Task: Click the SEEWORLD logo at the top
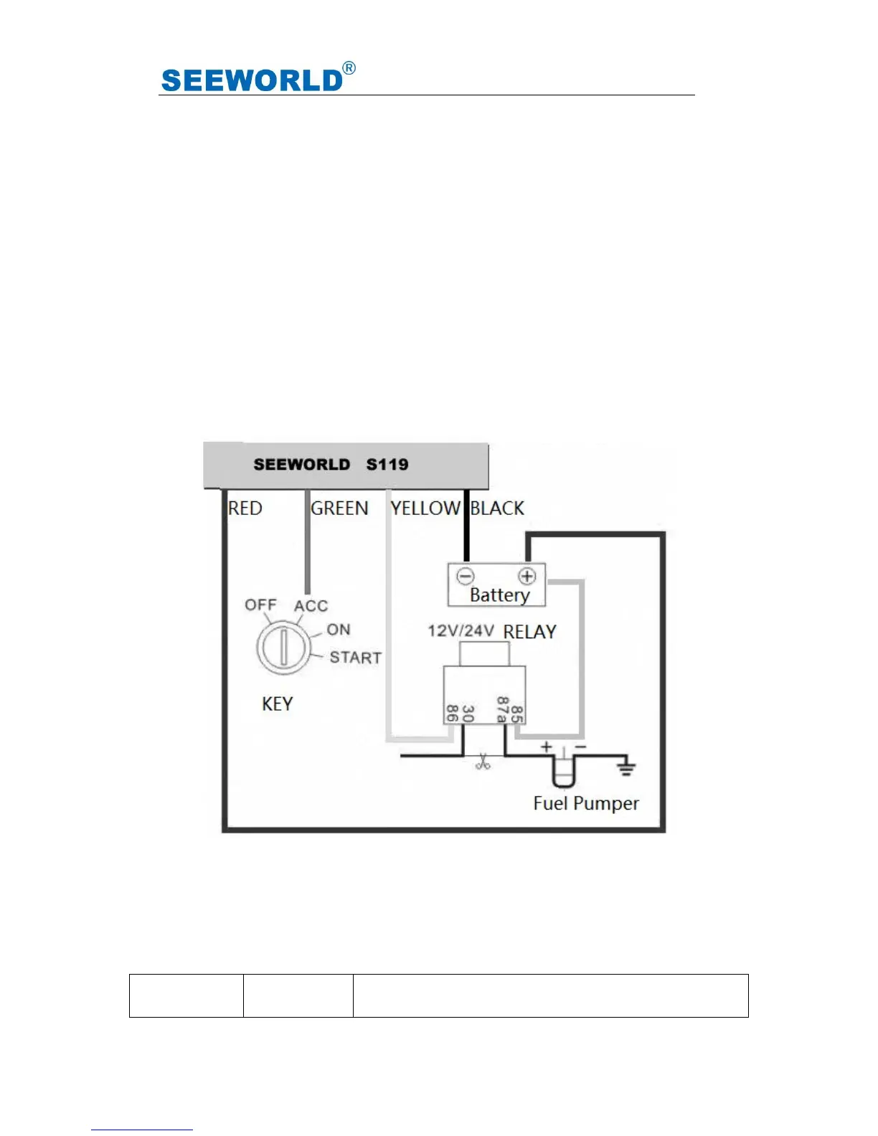[252, 80]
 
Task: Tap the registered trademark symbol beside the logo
[349, 68]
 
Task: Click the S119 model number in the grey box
[387, 464]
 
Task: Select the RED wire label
[245, 508]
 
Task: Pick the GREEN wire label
[339, 508]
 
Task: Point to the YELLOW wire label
[425, 508]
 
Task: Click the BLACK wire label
[497, 508]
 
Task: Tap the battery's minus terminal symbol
[466, 576]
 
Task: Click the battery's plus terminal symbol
[527, 576]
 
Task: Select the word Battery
[500, 595]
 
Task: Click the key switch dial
[283, 648]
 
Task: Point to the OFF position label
[260, 605]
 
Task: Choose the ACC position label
[311, 606]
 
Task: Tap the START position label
[356, 658]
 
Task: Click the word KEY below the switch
[278, 704]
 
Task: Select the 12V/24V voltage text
[461, 631]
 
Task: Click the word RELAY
[530, 632]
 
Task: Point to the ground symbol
[626, 768]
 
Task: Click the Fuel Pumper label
[586, 803]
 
